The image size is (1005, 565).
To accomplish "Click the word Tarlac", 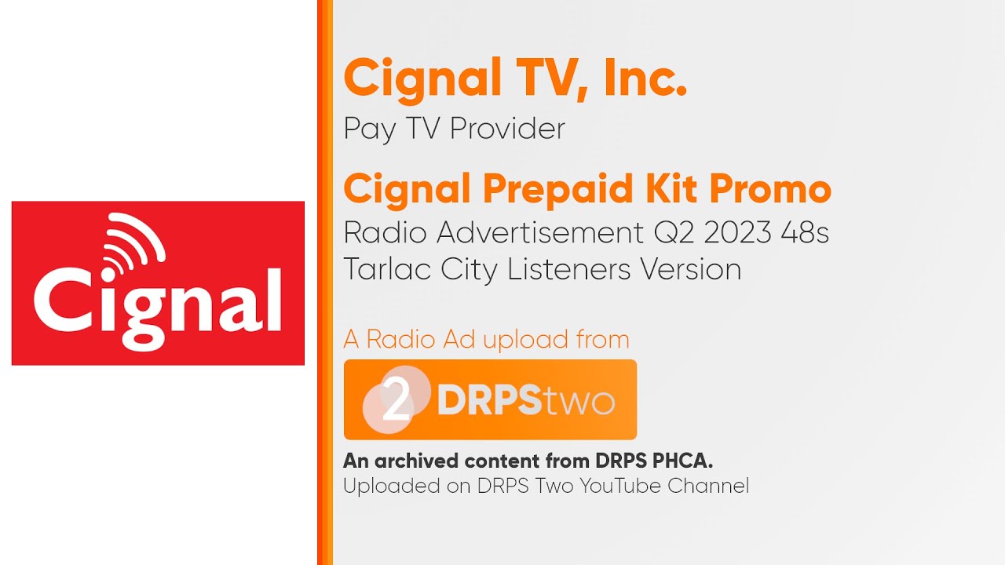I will tap(388, 269).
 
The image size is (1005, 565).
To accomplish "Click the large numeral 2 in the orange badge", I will tap(397, 402).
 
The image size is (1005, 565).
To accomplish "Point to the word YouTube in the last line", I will tap(619, 486).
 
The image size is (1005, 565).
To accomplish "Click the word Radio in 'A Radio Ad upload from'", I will tap(400, 340).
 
